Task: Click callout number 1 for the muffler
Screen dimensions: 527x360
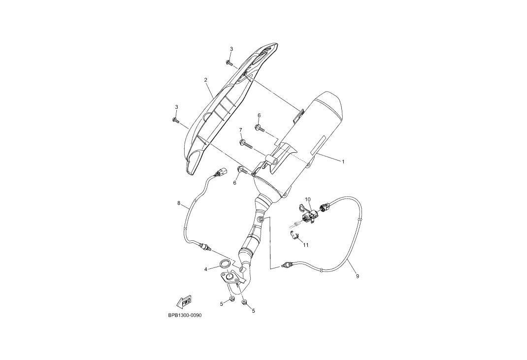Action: [x=343, y=162]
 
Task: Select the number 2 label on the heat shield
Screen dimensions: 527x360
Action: [x=205, y=80]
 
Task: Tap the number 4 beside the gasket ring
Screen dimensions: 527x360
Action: [x=206, y=269]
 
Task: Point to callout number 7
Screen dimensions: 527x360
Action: [x=241, y=130]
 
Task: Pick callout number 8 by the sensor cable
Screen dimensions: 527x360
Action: [x=179, y=203]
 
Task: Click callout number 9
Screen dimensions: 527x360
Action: [x=358, y=276]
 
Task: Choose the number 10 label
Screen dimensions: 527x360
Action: [x=307, y=199]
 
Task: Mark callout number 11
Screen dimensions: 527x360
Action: [x=305, y=245]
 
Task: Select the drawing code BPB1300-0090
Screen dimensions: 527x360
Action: [x=185, y=315]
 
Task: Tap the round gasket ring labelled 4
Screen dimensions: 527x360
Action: [x=224, y=264]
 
